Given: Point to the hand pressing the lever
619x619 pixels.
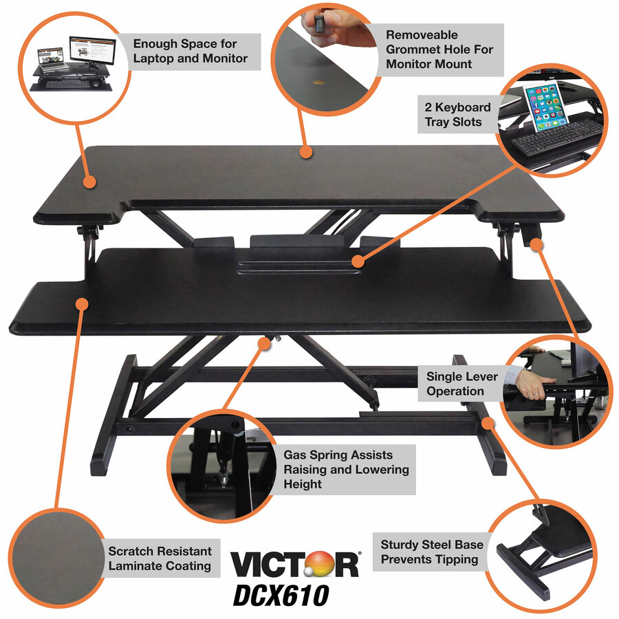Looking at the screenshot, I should [531, 387].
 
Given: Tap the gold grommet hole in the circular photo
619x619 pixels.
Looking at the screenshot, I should [318, 84].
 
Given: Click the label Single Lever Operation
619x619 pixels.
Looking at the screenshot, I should [455, 384].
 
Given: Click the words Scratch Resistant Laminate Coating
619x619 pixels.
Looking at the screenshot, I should [160, 558].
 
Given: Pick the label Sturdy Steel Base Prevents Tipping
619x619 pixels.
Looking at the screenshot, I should [431, 552].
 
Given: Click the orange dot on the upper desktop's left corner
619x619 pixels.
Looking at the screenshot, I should [89, 182].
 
